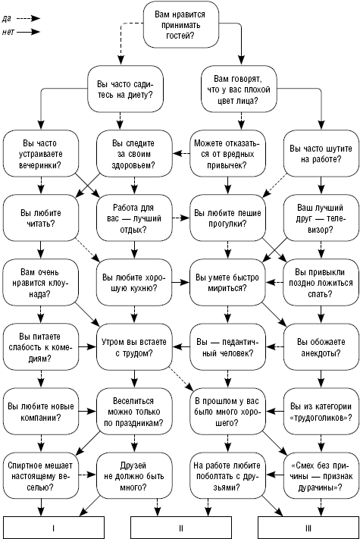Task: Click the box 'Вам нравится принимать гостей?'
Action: tap(181, 25)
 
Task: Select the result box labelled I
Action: tap(54, 528)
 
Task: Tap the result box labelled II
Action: tap(181, 528)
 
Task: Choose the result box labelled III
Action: tap(308, 528)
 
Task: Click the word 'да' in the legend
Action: tap(7, 18)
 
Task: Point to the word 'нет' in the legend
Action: tap(8, 32)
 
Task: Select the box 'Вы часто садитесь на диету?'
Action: tap(125, 89)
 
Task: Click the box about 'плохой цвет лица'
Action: tap(239, 89)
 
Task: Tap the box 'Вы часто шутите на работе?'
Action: tap(321, 154)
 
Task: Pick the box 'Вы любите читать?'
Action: tap(41, 218)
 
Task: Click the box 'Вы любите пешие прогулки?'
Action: tap(227, 218)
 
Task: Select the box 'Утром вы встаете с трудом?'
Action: tap(134, 347)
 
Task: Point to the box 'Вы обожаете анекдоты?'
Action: tap(321, 347)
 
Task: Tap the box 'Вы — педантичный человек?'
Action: tap(227, 347)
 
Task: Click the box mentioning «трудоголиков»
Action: tap(321, 412)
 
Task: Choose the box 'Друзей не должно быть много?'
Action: tap(134, 476)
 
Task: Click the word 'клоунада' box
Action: tap(41, 283)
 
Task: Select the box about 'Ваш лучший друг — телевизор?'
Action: tap(321, 218)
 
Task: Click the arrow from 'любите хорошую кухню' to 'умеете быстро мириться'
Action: tap(181, 283)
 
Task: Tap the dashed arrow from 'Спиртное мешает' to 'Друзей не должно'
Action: tap(88, 475)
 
